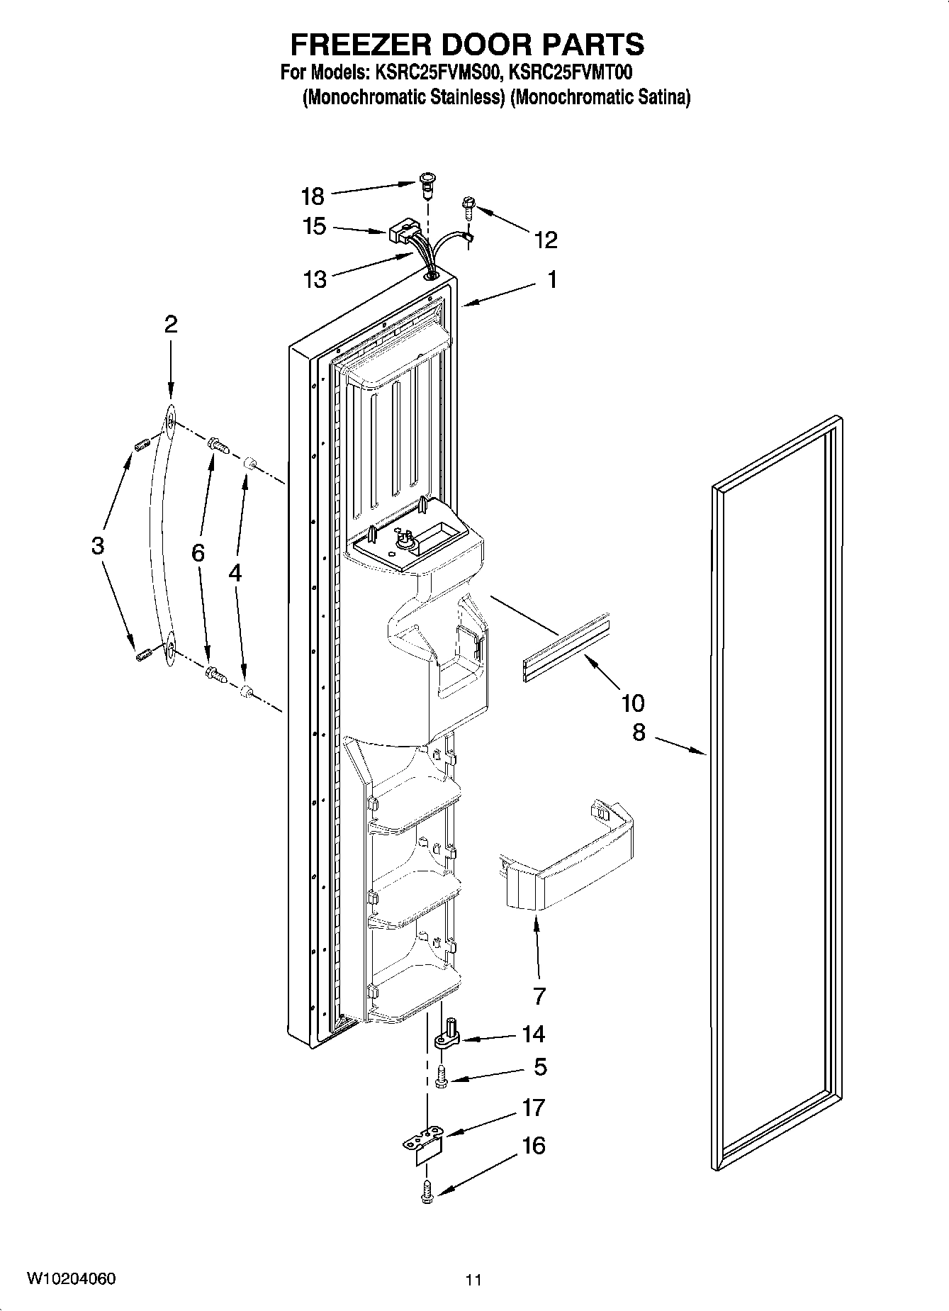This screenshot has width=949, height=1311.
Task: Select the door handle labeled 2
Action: (x=161, y=539)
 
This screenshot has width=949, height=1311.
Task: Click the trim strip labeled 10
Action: (x=565, y=646)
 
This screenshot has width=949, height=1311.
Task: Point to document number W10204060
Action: (x=71, y=1278)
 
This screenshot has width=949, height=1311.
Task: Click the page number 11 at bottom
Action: (x=473, y=1280)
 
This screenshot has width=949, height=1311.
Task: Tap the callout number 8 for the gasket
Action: (x=639, y=732)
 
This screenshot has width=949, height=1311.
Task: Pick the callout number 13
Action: (x=315, y=279)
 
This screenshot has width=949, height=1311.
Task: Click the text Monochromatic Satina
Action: (x=600, y=98)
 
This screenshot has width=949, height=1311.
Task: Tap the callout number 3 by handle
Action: (x=98, y=546)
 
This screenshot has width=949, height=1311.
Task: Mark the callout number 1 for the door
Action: (x=551, y=279)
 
